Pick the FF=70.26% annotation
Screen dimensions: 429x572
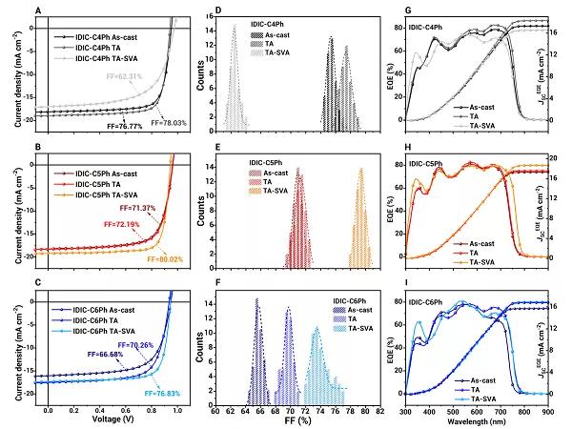[x=135, y=342]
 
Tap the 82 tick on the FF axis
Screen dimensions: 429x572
[x=379, y=408]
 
